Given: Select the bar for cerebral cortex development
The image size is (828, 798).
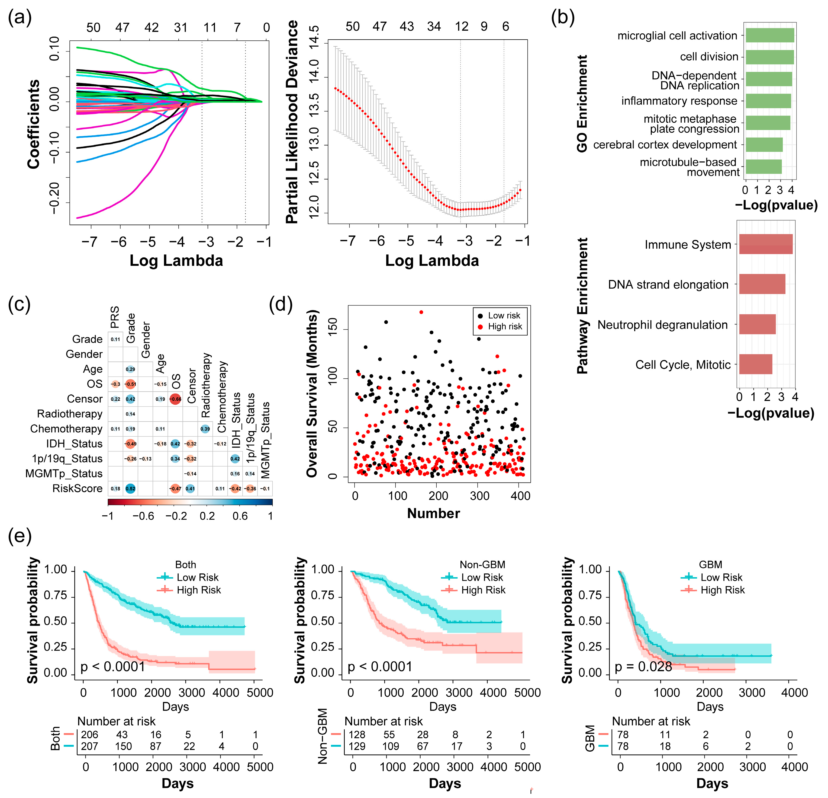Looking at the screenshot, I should (x=764, y=145).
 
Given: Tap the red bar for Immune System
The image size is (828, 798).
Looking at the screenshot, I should (x=765, y=244).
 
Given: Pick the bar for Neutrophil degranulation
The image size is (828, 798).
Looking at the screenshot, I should (x=757, y=324).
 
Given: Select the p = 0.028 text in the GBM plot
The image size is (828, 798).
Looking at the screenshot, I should (x=643, y=666).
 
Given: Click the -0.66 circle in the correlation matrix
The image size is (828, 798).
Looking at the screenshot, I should (x=175, y=398).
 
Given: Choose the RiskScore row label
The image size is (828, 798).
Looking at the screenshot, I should (x=77, y=488).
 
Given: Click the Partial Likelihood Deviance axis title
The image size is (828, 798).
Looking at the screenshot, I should (x=292, y=122).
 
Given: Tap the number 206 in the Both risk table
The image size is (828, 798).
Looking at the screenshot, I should (x=89, y=734).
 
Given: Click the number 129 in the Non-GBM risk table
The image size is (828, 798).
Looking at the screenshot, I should (x=357, y=746).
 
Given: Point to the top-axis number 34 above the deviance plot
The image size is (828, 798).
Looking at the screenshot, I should (x=434, y=27).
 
